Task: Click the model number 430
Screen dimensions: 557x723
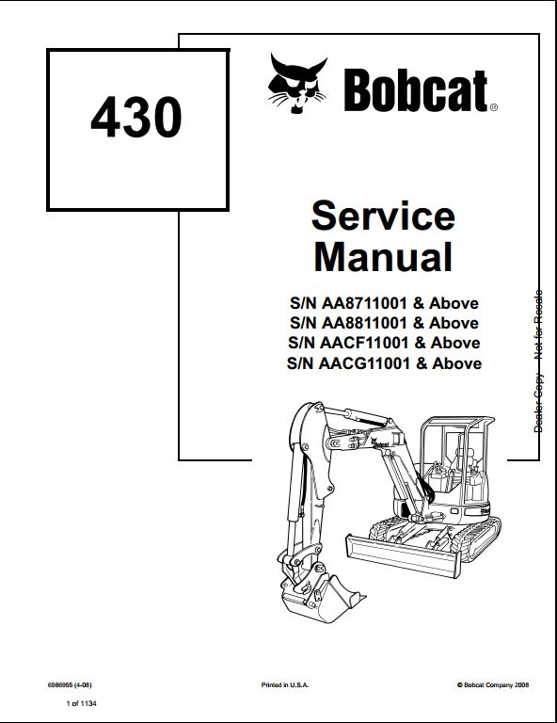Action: tap(136, 117)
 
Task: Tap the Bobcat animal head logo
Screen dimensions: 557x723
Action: tap(297, 84)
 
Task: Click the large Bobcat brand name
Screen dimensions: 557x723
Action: tap(416, 90)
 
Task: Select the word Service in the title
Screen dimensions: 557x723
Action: tap(383, 216)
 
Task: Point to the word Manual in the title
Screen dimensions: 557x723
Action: tap(383, 257)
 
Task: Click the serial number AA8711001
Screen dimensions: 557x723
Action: tap(364, 303)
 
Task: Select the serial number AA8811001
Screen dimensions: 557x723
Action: tap(364, 323)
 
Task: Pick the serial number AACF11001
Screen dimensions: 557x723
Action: tap(364, 343)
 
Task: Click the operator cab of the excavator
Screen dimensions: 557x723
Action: tap(456, 461)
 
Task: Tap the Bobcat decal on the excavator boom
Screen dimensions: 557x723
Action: tap(380, 443)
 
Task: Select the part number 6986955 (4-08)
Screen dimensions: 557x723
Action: tap(70, 684)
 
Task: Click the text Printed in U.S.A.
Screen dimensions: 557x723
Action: tap(285, 685)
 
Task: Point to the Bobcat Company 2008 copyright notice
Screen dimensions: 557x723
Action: tap(493, 685)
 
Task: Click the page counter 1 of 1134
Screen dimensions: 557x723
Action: tap(82, 703)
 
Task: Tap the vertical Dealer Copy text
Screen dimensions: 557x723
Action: tap(538, 404)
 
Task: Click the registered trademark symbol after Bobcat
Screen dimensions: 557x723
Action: tap(493, 107)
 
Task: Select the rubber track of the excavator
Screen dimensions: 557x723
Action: tap(479, 538)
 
